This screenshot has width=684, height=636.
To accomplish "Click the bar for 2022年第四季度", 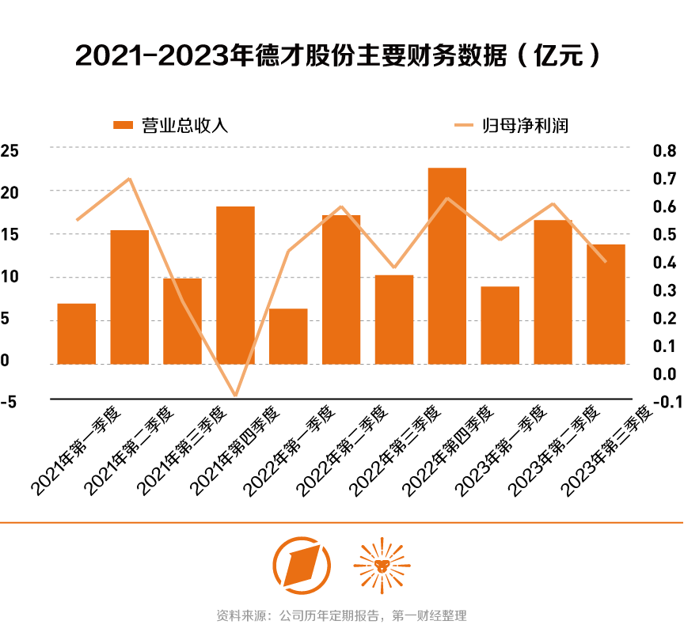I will pyautogui.click(x=447, y=266).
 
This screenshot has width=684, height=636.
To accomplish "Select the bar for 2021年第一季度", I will pyautogui.click(x=77, y=334).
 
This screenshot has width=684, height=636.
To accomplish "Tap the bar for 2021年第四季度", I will pyautogui.click(x=235, y=285).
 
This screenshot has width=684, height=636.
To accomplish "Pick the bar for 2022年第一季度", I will pyautogui.click(x=288, y=336).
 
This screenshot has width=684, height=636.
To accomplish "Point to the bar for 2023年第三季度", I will pyautogui.click(x=606, y=304).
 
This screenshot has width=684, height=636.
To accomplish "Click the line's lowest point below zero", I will pyautogui.click(x=235, y=395).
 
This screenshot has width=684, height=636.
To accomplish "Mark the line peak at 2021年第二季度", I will pyautogui.click(x=129, y=179).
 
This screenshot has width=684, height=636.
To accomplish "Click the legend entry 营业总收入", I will pyautogui.click(x=171, y=125).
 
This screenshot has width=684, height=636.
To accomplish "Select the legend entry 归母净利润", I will pyautogui.click(x=511, y=125).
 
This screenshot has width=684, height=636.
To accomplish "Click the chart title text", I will pyautogui.click(x=341, y=55).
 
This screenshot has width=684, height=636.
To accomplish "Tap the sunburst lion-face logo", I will pyautogui.click(x=382, y=564).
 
